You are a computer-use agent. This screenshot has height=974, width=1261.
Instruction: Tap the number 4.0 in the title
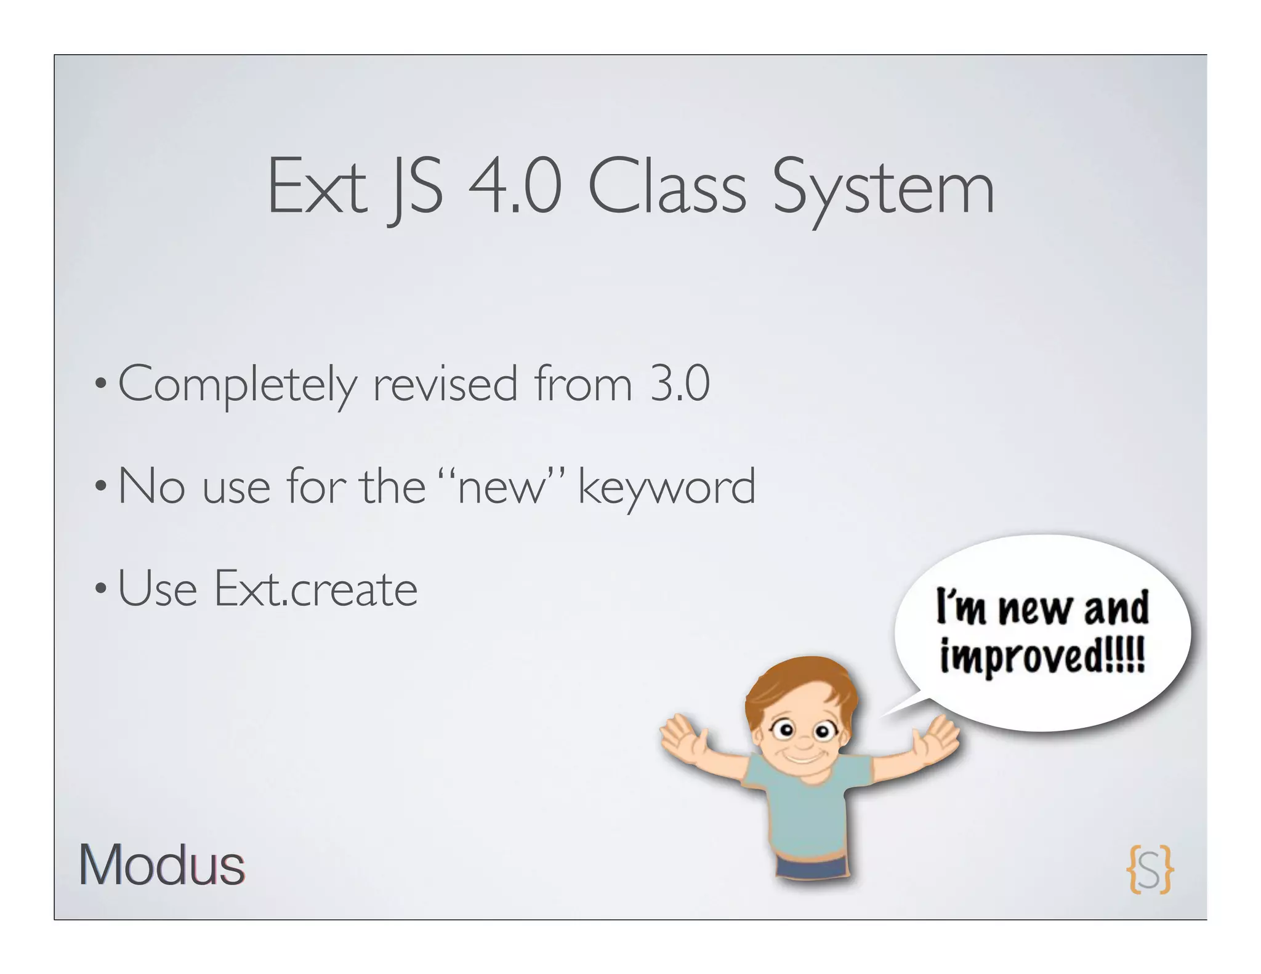(515, 186)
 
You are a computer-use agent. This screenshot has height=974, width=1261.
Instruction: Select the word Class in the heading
(667, 186)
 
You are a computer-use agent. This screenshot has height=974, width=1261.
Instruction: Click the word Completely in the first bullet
(237, 385)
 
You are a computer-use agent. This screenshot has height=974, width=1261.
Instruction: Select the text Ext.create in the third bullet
(316, 589)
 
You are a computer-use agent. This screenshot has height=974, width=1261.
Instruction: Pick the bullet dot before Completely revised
(101, 385)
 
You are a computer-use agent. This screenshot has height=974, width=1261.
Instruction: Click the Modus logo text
(161, 865)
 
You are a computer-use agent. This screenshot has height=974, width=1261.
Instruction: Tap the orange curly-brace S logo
(1150, 869)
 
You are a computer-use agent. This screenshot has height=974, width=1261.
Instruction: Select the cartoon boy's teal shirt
(807, 813)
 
